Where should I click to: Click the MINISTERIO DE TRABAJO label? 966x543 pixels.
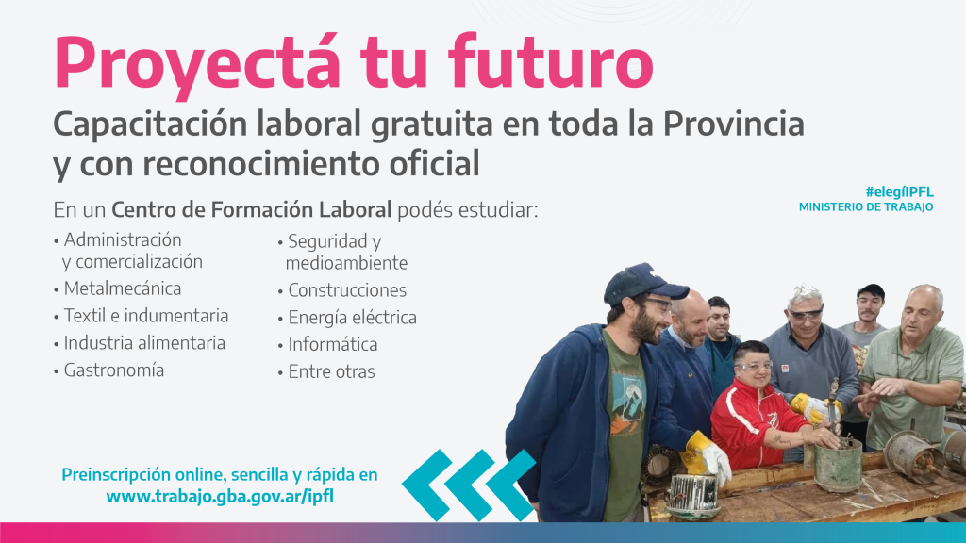(x=866, y=206)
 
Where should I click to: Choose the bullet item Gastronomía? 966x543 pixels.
(x=113, y=370)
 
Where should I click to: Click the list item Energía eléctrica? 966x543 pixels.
(x=352, y=318)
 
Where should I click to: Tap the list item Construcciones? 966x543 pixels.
(x=347, y=290)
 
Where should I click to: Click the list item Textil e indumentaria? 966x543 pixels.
(x=146, y=316)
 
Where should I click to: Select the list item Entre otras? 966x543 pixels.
(x=331, y=372)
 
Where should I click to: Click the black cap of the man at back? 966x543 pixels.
(x=871, y=290)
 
